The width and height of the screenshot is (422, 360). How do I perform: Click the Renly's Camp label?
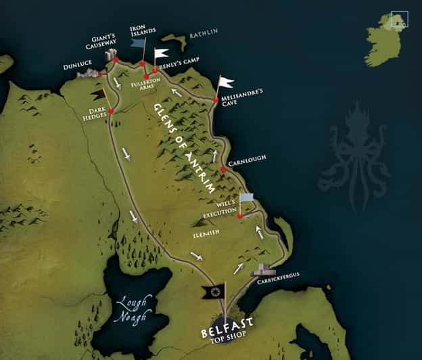[178, 68]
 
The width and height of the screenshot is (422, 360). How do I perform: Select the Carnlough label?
[248, 158]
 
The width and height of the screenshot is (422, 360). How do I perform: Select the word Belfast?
[227, 334]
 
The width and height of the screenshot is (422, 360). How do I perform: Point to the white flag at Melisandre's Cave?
[225, 83]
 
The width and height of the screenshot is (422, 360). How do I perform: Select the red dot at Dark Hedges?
[111, 111]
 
